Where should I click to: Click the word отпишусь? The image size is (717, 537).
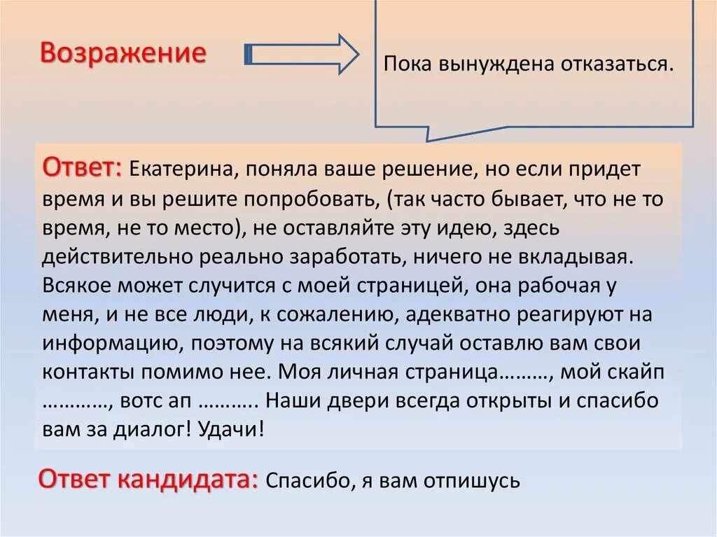pyautogui.click(x=477, y=481)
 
